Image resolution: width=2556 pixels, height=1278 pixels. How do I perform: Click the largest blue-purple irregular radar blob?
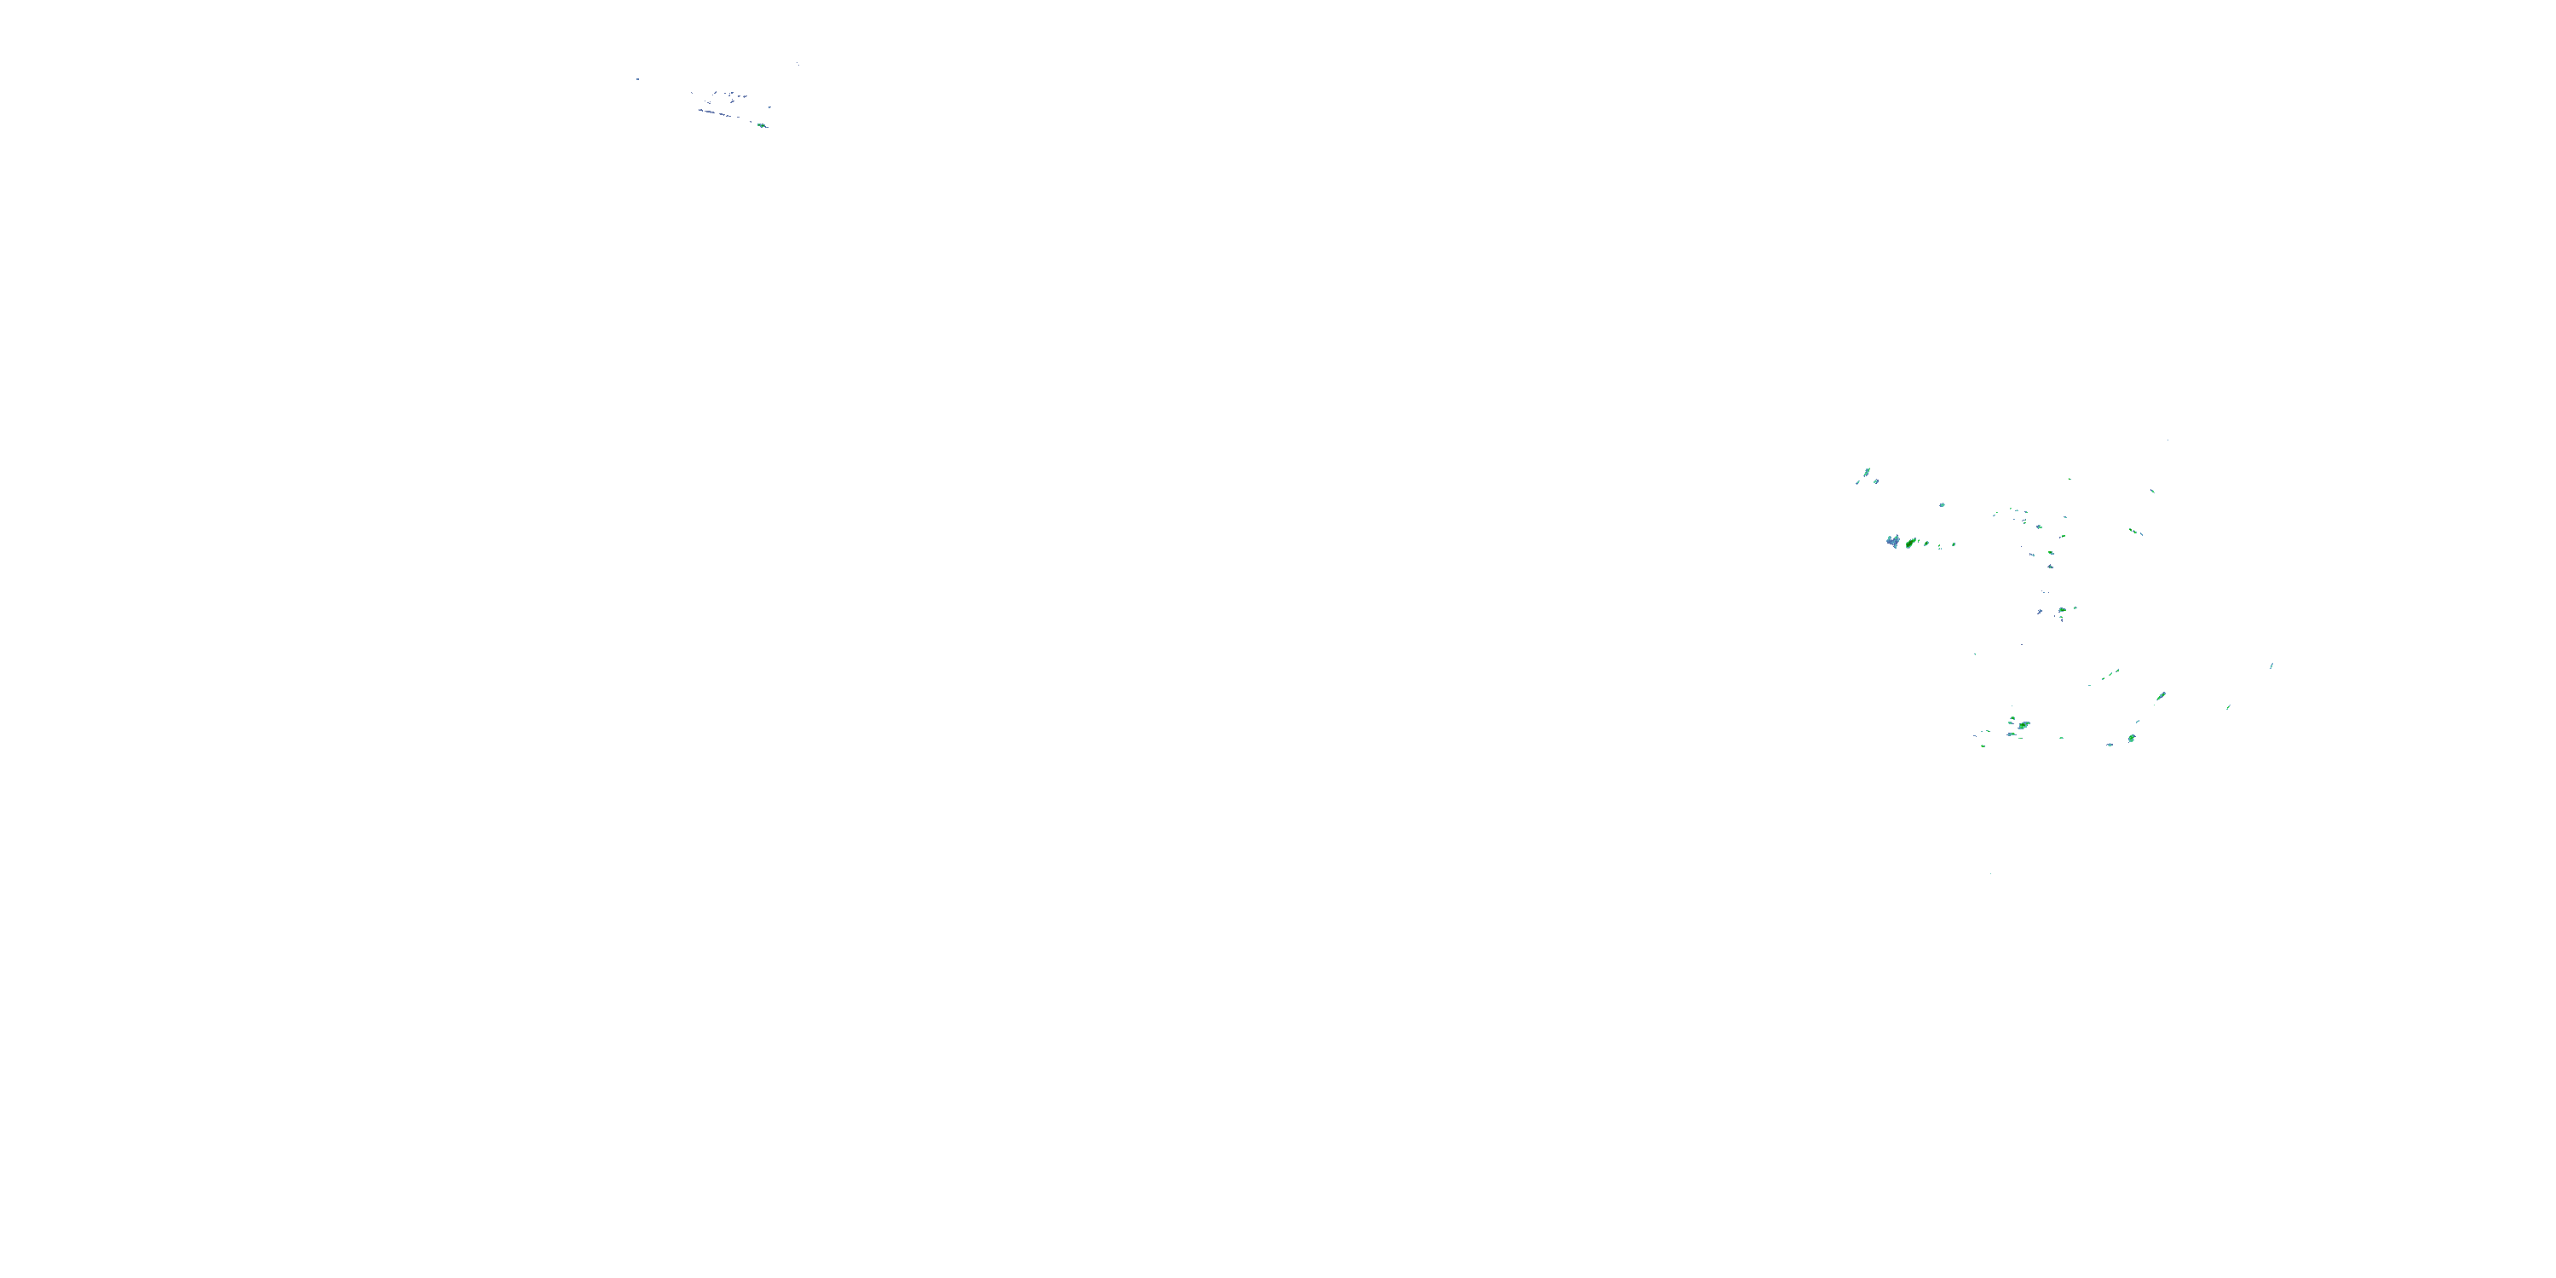pos(1892,541)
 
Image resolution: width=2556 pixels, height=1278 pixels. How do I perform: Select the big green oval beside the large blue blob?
pos(1910,543)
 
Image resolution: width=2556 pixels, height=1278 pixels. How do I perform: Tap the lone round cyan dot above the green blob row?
pos(1942,505)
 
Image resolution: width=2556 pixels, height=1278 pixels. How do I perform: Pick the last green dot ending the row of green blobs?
pos(1954,544)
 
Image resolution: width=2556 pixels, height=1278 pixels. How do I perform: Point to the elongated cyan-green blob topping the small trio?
pos(1867,471)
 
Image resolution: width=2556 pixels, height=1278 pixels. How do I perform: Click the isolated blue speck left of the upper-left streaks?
pos(637,79)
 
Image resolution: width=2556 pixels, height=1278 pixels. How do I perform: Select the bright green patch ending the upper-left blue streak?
pos(761,125)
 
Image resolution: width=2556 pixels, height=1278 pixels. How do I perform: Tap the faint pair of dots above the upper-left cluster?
pos(797,65)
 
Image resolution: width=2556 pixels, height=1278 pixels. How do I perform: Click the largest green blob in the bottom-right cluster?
pos(2023,725)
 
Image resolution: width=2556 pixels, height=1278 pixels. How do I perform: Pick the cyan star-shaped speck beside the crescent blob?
pos(2110,743)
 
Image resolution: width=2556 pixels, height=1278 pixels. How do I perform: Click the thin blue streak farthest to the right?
pos(2271,665)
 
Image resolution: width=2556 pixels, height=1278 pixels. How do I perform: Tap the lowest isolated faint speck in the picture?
pos(1990,874)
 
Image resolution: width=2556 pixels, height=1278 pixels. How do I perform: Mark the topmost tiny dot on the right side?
pos(2168,440)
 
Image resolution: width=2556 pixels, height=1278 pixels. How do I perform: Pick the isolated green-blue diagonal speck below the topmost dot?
pos(2153,490)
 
